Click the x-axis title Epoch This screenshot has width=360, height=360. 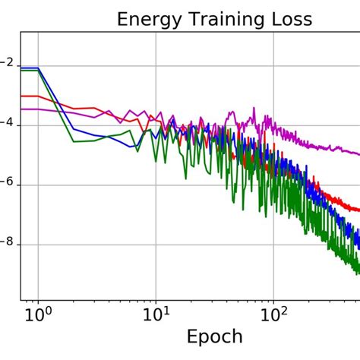pyautogui.click(x=214, y=336)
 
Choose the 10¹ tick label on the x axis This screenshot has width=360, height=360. pyautogui.click(x=156, y=312)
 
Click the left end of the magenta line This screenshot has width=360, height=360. pyautogui.click(x=21, y=109)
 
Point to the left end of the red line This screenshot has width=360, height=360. pyautogui.click(x=21, y=96)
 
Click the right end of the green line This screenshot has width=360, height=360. pyautogui.click(x=358, y=272)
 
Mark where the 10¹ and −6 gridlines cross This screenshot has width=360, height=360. pyautogui.click(x=156, y=185)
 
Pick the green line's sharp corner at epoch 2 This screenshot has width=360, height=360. pyautogui.click(x=74, y=141)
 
